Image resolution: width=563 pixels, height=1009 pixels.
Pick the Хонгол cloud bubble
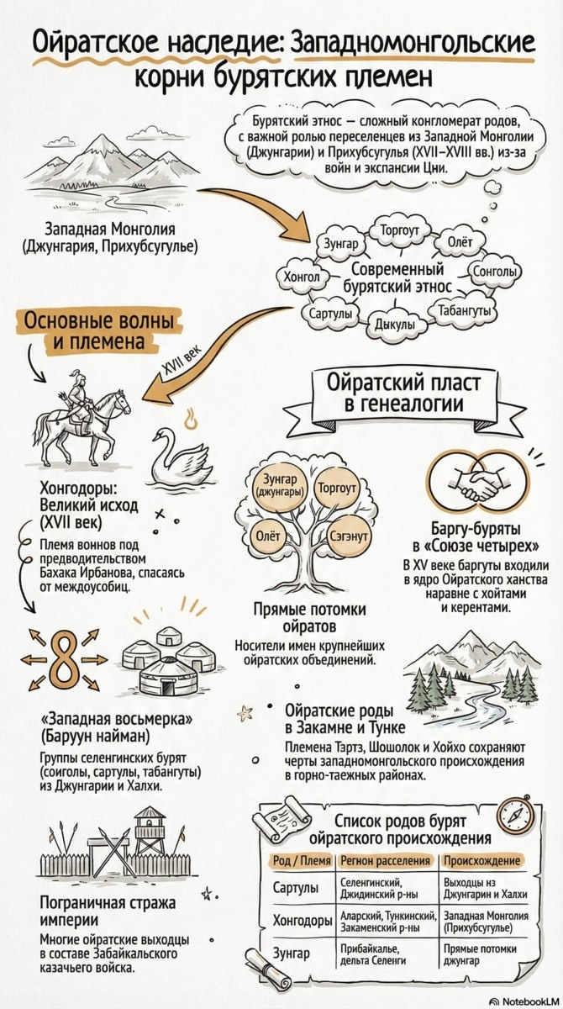(302, 274)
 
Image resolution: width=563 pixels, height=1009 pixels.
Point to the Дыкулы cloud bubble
(394, 325)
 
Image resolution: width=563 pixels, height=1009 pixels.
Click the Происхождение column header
(481, 860)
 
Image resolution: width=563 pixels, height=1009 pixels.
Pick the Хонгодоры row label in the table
(303, 921)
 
